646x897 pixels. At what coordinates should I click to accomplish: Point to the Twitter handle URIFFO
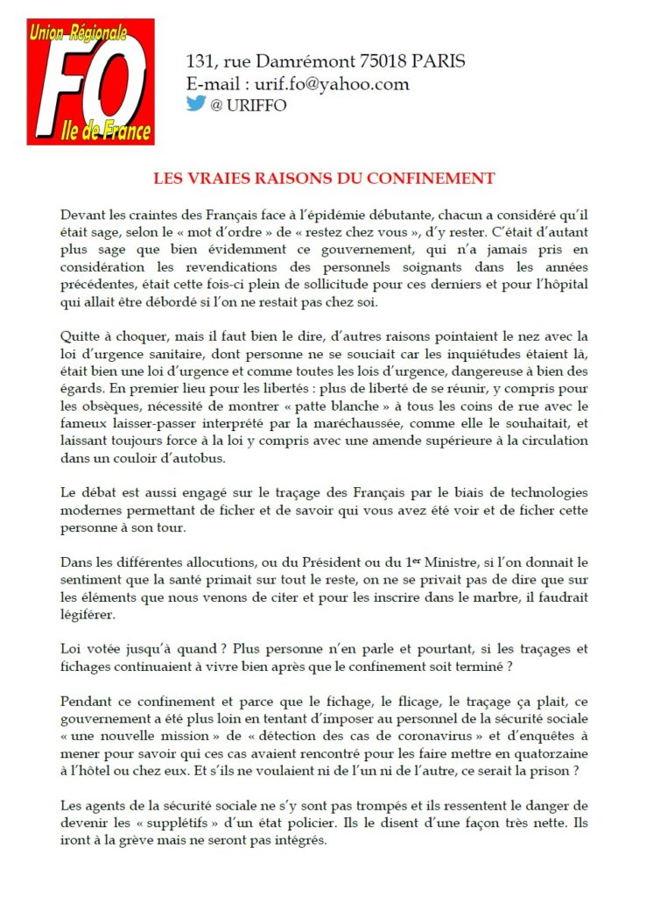point(255,105)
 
